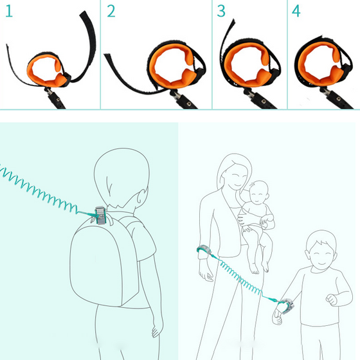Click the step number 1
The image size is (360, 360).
pyautogui.click(x=9, y=11)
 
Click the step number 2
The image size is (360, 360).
pyautogui.click(x=111, y=11)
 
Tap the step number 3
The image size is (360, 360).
pyautogui.click(x=221, y=11)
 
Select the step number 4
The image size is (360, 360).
pyautogui.click(x=296, y=11)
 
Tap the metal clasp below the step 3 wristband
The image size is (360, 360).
pyautogui.click(x=250, y=93)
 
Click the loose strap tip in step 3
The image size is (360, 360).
pyautogui.click(x=234, y=21)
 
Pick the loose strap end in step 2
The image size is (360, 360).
pyautogui.click(x=107, y=55)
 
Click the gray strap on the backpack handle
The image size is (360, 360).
pyautogui.click(x=100, y=215)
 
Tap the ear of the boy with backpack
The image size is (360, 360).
pyautogui.click(x=142, y=196)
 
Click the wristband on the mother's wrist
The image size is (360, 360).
pyautogui.click(x=203, y=249)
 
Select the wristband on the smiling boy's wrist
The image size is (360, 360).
pyautogui.click(x=287, y=305)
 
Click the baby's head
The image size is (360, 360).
pyautogui.click(x=258, y=192)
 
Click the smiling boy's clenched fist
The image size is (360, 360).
pyautogui.click(x=331, y=300)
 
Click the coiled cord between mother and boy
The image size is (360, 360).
pyautogui.click(x=242, y=280)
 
